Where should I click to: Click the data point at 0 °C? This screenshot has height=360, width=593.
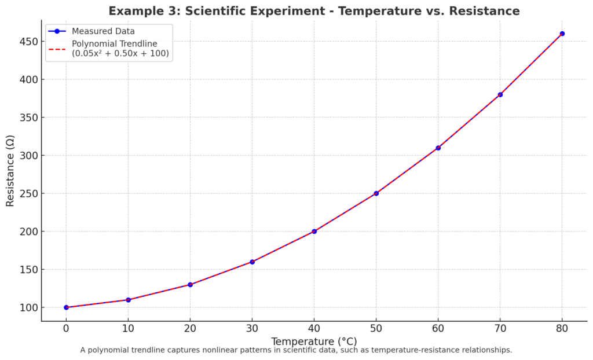click(x=66, y=307)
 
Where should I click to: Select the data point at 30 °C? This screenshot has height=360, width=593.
click(x=252, y=262)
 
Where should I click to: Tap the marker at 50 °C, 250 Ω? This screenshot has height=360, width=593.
click(x=376, y=193)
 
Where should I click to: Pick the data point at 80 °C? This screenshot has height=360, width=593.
click(x=562, y=34)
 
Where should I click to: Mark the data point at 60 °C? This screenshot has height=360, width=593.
click(x=438, y=148)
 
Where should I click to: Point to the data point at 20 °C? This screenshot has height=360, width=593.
click(x=190, y=285)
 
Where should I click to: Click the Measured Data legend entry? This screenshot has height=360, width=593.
click(x=103, y=31)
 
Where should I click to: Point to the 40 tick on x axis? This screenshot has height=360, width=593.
click(x=314, y=328)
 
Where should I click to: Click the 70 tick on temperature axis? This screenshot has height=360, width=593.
click(x=500, y=328)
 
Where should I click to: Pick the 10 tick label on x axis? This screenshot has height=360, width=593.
click(x=128, y=328)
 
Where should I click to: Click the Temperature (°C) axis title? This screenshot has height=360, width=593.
click(x=314, y=341)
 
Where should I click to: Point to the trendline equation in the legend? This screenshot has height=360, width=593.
click(x=120, y=53)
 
